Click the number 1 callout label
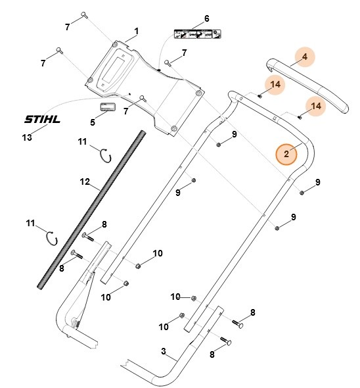137,31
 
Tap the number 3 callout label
164,352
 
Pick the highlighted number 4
304,58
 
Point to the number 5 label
93,122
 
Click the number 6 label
206,18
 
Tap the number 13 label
27,137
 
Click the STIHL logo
42,120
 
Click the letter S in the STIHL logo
28,120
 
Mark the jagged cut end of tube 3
125,362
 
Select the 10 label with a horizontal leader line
175,297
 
